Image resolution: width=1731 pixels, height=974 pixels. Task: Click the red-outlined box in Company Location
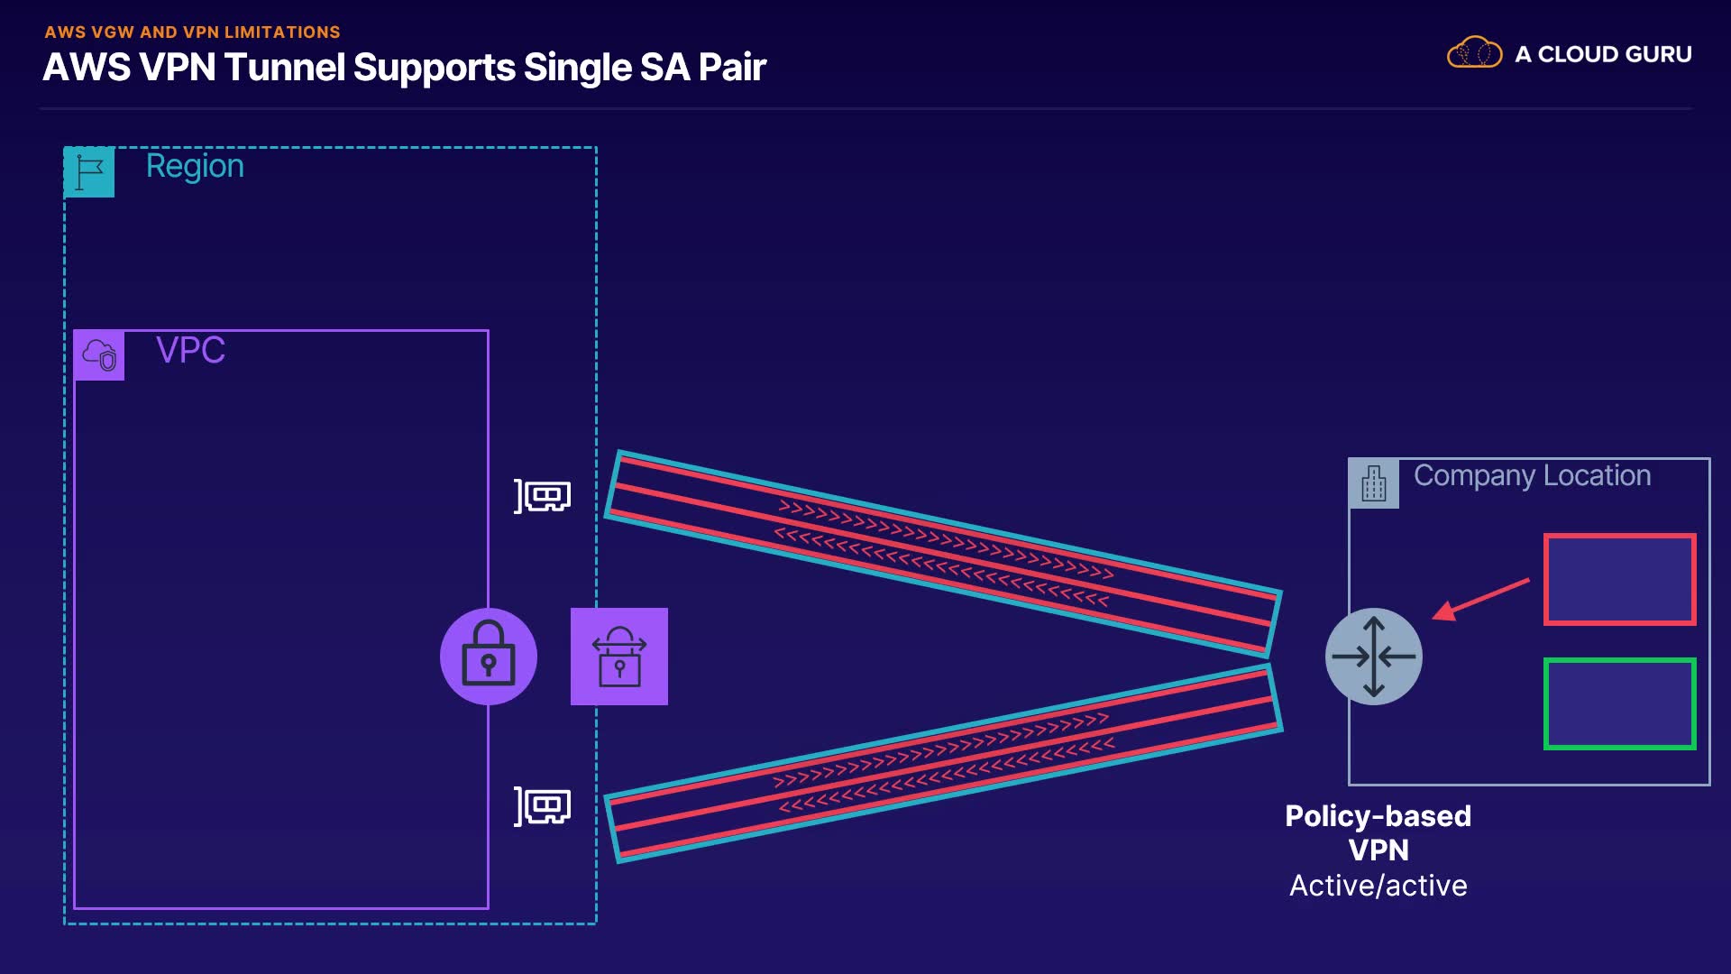pos(1620,579)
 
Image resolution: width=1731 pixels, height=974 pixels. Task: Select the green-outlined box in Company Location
pos(1620,703)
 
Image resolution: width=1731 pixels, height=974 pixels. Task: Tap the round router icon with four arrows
pos(1373,657)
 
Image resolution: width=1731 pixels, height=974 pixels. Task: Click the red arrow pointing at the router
pos(1481,599)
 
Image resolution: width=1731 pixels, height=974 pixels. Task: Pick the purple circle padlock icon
pos(489,657)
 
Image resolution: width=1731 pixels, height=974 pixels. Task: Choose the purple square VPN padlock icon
pos(619,657)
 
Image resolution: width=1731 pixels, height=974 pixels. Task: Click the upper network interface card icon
pos(543,496)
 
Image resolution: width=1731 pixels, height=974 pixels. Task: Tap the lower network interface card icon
pos(543,806)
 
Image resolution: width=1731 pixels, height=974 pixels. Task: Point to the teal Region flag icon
pos(89,171)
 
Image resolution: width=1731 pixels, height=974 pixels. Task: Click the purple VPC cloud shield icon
pos(99,355)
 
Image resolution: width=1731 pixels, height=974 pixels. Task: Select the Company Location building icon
pos(1373,483)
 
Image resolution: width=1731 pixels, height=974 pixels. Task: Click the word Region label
pos(195,166)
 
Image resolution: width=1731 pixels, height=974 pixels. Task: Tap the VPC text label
pos(190,350)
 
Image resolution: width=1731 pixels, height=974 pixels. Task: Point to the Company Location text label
pos(1532,475)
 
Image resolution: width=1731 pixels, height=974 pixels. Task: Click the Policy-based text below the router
pos(1378,816)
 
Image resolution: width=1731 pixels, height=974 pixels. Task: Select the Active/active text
pos(1378,886)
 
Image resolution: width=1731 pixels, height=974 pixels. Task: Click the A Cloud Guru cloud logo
pos(1474,53)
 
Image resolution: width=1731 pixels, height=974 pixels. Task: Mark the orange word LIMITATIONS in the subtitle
pos(282,32)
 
